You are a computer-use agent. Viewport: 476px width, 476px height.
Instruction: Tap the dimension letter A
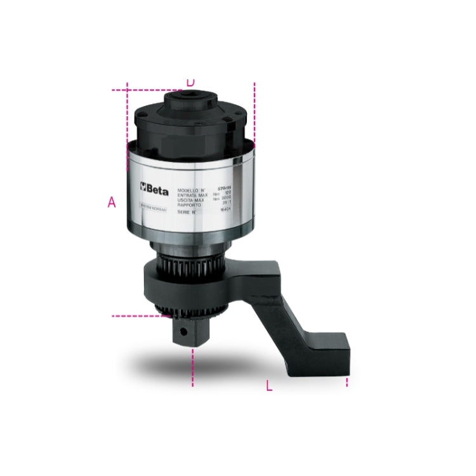112,202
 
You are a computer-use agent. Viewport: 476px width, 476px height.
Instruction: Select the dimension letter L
269,385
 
